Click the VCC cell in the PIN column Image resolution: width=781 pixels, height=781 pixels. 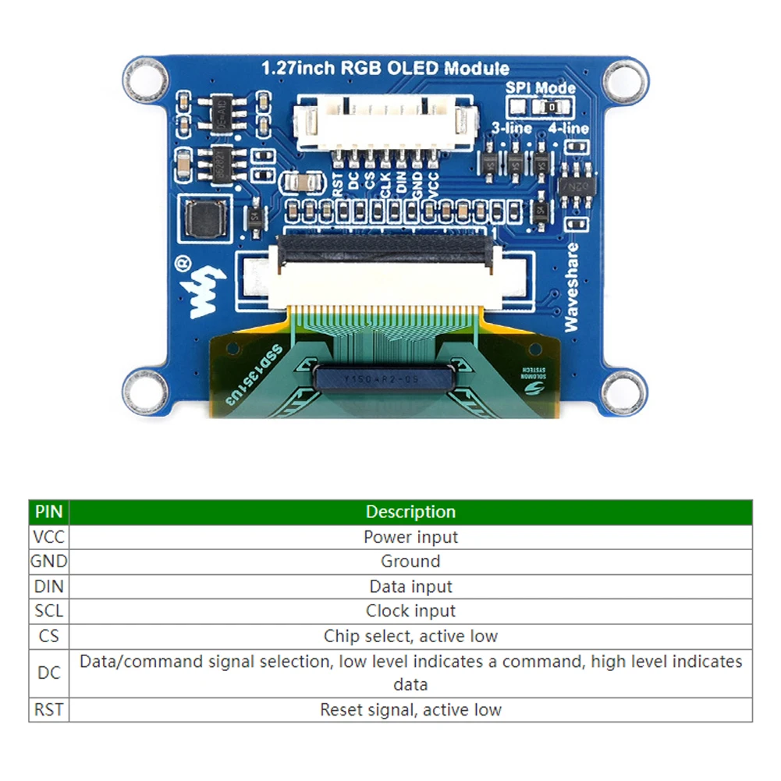pyautogui.click(x=48, y=537)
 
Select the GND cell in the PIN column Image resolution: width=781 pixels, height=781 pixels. pyautogui.click(x=48, y=561)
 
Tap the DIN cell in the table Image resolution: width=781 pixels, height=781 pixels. pyautogui.click(x=48, y=586)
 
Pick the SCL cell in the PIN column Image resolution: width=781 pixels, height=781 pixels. pyautogui.click(x=48, y=611)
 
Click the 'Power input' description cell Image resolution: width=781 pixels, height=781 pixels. pyautogui.click(x=410, y=537)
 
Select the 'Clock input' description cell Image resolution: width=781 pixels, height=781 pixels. pyautogui.click(x=410, y=611)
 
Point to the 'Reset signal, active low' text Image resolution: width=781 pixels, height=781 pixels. pyautogui.click(x=410, y=710)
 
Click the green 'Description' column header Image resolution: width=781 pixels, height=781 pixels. pyautogui.click(x=410, y=512)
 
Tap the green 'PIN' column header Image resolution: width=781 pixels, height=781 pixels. pyautogui.click(x=48, y=512)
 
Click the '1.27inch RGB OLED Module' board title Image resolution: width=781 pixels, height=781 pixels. pyautogui.click(x=385, y=68)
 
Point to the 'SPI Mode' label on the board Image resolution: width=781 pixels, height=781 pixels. pyautogui.click(x=540, y=88)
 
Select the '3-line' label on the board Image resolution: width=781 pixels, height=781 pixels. pyautogui.click(x=512, y=128)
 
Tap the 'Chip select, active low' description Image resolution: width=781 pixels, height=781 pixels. pyautogui.click(x=410, y=636)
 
